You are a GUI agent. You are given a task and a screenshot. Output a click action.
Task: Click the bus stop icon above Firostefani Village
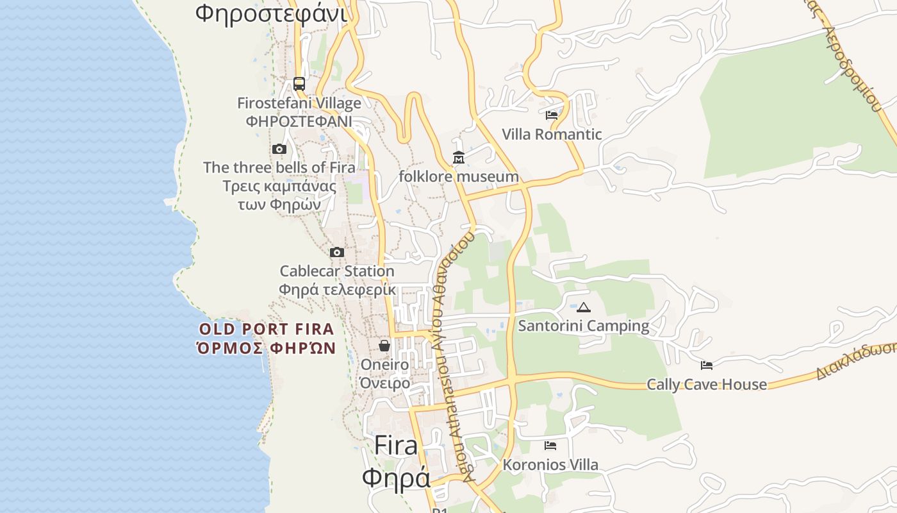click(299, 83)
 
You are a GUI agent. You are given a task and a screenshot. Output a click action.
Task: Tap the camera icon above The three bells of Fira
click(279, 149)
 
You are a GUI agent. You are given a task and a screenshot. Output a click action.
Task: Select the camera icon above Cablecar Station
click(337, 253)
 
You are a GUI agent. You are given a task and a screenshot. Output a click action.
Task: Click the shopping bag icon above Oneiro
click(384, 346)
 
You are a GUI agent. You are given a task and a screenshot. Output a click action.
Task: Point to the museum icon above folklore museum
click(459, 157)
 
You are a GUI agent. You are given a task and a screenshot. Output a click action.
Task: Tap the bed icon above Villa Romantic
click(552, 115)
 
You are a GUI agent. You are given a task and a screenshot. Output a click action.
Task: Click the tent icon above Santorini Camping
click(583, 308)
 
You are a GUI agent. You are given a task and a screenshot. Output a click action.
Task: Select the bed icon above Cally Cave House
click(707, 366)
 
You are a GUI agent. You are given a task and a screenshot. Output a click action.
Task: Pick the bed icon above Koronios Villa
click(550, 446)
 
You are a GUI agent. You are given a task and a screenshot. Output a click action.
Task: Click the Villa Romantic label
click(552, 135)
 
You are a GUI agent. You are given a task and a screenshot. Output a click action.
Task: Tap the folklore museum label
click(459, 176)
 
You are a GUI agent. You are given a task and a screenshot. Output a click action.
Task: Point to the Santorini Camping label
click(583, 326)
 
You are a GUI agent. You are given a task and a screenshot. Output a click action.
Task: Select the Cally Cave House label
click(707, 385)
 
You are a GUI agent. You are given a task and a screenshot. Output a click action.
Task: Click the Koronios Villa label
click(550, 465)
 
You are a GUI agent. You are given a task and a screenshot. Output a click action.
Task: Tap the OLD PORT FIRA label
click(267, 330)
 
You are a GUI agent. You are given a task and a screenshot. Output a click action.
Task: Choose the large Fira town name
click(396, 445)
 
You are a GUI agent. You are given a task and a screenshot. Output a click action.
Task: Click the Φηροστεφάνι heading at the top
click(271, 13)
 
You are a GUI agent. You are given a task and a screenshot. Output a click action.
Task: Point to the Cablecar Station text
click(337, 271)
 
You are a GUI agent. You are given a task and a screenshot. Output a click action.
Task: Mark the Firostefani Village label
click(299, 103)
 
